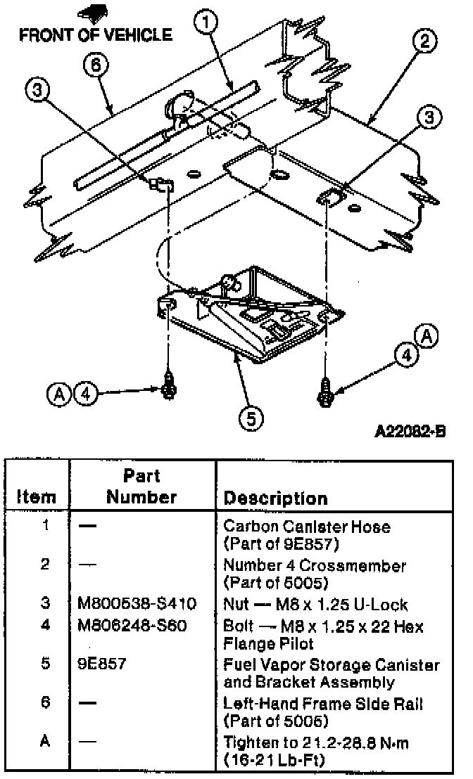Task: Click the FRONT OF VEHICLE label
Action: tap(96, 34)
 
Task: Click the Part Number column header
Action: tap(141, 486)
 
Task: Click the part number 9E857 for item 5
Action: tap(102, 664)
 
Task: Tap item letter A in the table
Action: tap(44, 741)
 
